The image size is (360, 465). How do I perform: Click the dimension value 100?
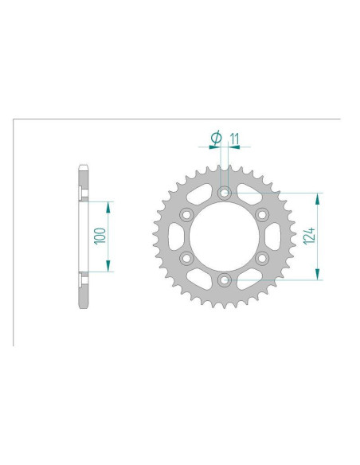(x=100, y=236)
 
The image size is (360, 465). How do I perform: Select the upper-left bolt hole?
(x=186, y=213)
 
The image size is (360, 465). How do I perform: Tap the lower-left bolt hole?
(x=186, y=257)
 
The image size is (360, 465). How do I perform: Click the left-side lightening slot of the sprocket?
(x=175, y=236)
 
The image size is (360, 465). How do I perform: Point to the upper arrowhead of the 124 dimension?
(x=319, y=197)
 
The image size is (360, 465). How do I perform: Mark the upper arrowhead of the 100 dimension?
(x=108, y=205)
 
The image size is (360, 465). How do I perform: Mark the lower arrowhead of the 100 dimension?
(x=108, y=268)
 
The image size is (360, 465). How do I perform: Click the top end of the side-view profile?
(x=83, y=168)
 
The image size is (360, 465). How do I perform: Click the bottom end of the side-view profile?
(x=83, y=305)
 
